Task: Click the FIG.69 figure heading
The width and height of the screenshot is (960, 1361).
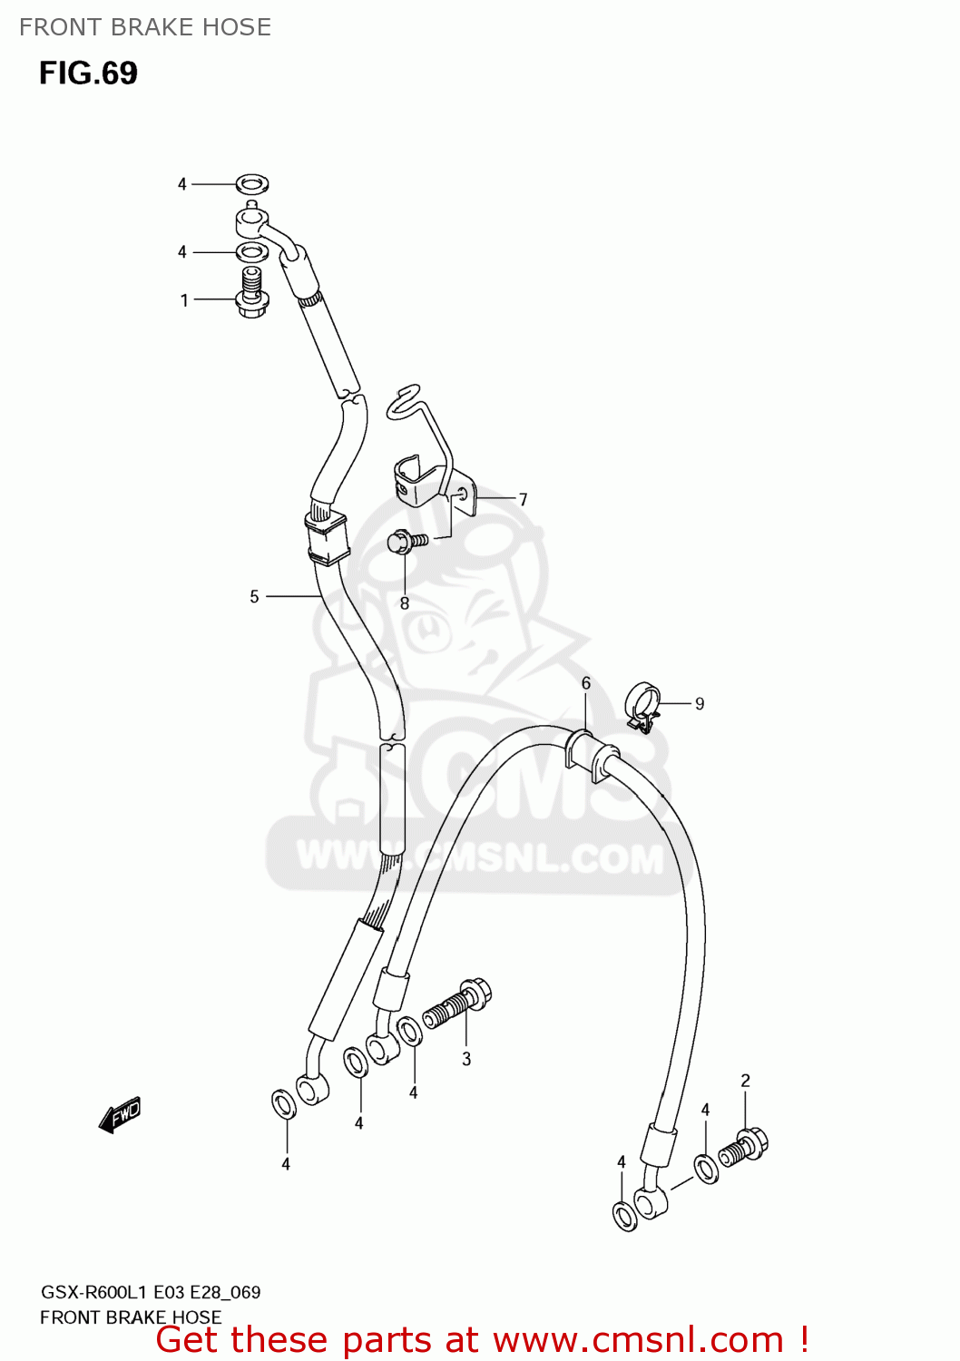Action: point(88,73)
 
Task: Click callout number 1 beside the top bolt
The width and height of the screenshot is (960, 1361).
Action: point(184,299)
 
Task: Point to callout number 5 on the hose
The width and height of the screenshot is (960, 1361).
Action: point(254,596)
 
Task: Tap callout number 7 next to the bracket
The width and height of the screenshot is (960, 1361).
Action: point(523,499)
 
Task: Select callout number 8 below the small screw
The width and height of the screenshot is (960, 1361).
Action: point(405,602)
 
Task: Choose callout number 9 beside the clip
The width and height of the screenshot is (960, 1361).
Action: point(700,703)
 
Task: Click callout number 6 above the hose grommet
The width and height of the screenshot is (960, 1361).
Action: point(586,683)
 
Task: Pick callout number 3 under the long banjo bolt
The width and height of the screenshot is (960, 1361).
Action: point(466,1059)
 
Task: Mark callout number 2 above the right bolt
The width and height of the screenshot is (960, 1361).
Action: point(745,1081)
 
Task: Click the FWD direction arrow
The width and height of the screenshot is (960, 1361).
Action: point(120,1114)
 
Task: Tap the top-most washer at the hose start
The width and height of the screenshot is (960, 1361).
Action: point(252,184)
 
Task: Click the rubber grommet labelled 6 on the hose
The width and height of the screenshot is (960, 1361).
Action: point(591,754)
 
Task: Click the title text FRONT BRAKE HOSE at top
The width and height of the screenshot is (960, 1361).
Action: point(145,27)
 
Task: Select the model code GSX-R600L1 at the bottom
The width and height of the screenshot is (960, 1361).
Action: point(93,1292)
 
